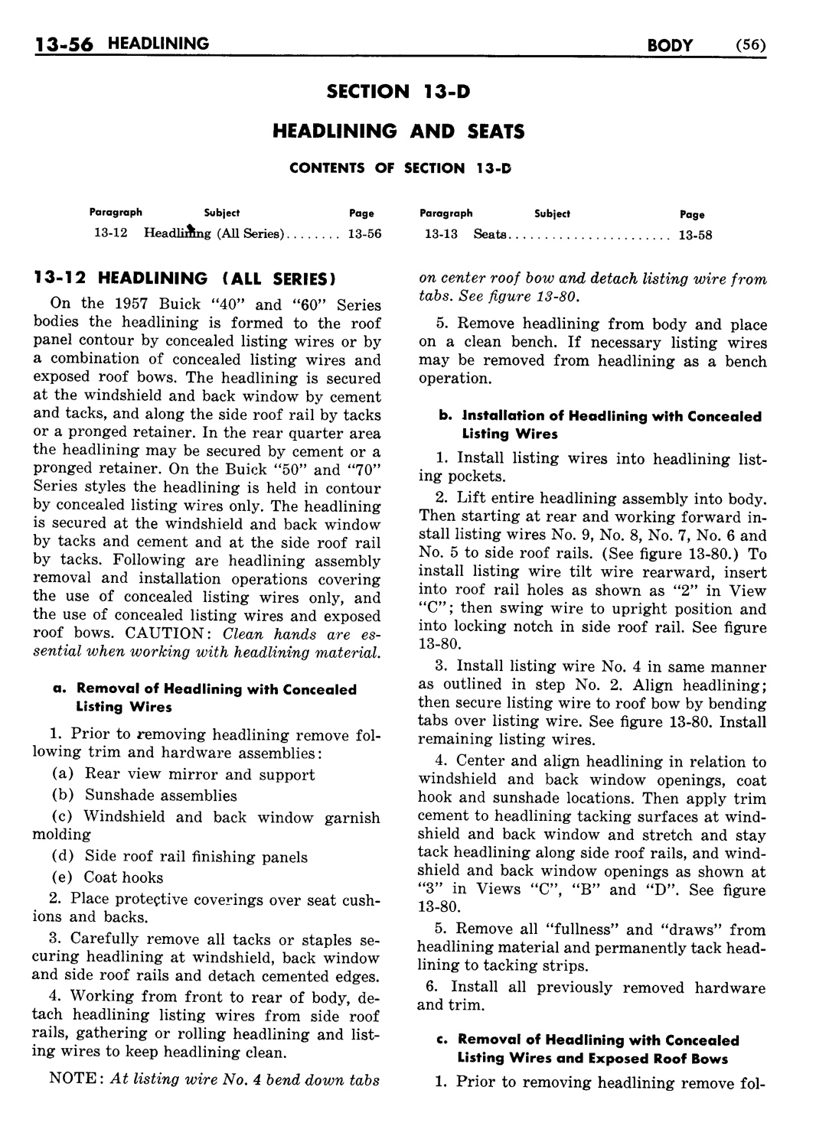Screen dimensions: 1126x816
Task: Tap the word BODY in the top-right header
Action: (x=670, y=45)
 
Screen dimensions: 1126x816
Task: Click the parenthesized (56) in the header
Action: (x=750, y=45)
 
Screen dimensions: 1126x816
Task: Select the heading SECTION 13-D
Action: (x=398, y=93)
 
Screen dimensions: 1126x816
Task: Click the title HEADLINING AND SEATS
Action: (x=398, y=132)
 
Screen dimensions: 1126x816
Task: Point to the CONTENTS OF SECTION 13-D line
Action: (x=399, y=168)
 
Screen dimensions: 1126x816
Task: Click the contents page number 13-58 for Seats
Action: (x=695, y=235)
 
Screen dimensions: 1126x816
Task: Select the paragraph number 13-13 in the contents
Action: (x=441, y=234)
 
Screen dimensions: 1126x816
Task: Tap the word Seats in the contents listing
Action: (x=490, y=234)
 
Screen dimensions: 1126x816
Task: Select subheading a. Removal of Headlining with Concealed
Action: (x=205, y=689)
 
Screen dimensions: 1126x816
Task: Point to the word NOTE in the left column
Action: (x=74, y=1079)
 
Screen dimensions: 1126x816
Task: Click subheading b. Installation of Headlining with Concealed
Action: (x=600, y=417)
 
